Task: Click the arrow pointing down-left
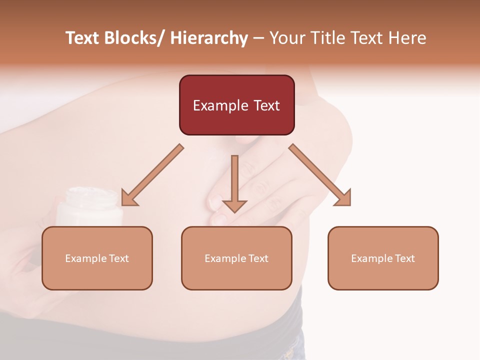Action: point(153,175)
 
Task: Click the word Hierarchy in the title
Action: point(209,38)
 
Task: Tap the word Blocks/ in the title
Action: point(133,38)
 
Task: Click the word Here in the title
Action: point(407,38)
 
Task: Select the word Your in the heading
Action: point(286,38)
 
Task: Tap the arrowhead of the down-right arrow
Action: point(343,198)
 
